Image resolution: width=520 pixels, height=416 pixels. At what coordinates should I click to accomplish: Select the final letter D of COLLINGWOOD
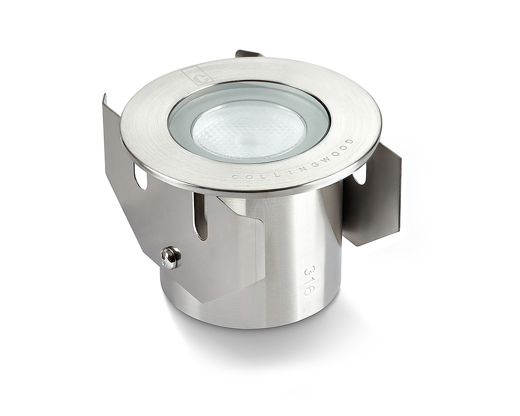(350, 141)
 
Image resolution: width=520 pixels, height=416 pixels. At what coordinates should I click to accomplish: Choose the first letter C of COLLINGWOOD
(235, 177)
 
